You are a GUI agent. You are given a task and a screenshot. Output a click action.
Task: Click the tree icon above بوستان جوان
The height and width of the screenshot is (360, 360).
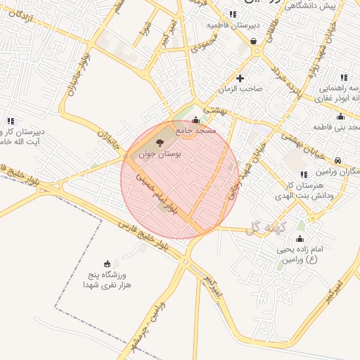[x=157, y=143]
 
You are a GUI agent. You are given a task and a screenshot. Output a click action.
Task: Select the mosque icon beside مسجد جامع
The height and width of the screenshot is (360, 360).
[x=195, y=120]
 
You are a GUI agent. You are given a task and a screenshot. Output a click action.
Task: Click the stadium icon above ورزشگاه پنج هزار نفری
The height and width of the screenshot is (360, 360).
[x=107, y=264]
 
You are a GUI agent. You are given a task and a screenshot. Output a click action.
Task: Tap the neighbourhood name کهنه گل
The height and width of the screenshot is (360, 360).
[x=264, y=227]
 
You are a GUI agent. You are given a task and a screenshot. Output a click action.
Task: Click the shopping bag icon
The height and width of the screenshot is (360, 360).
[x=253, y=41]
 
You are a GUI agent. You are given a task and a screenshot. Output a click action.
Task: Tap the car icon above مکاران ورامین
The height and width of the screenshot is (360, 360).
[x=338, y=160]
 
